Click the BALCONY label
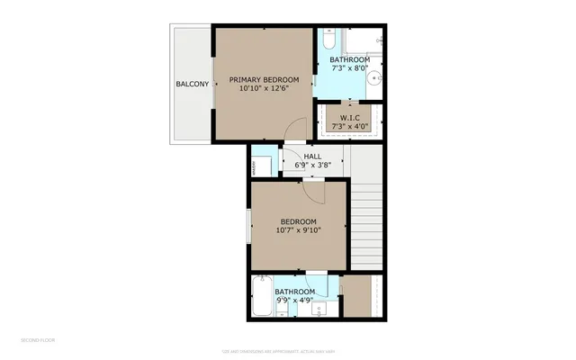pyautogui.click(x=192, y=85)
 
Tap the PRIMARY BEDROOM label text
pyautogui.click(x=264, y=79)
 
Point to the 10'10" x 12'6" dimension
pyautogui.click(x=264, y=89)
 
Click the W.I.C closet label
pyautogui.click(x=350, y=118)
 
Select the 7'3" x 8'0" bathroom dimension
pyautogui.click(x=350, y=69)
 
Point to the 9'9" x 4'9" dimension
pyautogui.click(x=294, y=301)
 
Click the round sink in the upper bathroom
pyautogui.click(x=375, y=78)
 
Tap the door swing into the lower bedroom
pyautogui.click(x=311, y=190)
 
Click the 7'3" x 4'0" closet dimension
pyautogui.click(x=350, y=128)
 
